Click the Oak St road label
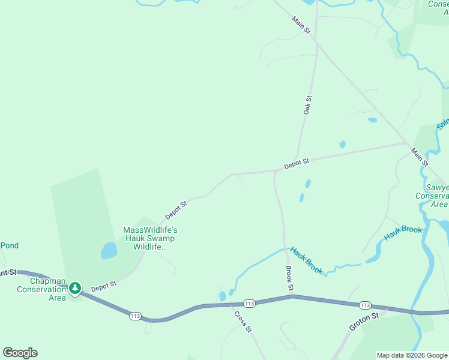(307, 105)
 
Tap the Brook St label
(289, 279)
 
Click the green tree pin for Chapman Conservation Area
(75, 289)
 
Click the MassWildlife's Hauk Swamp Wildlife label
(150, 238)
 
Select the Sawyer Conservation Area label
(432, 196)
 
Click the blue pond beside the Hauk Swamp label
(109, 250)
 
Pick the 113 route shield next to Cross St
(250, 304)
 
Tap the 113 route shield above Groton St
(366, 305)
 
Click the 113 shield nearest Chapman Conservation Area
(135, 316)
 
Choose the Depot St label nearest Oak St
(297, 163)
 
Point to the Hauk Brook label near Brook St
(307, 260)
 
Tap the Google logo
(20, 353)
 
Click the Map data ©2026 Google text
(411, 355)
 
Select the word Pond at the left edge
(10, 245)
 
